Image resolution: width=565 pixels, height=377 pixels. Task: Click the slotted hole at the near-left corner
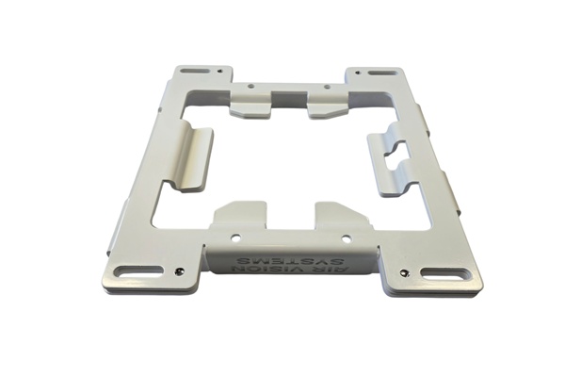pyautogui.click(x=139, y=270)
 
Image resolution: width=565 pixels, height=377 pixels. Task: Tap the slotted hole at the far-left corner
pyautogui.click(x=195, y=71)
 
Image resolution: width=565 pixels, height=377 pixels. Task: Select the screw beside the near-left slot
pyautogui.click(x=178, y=270)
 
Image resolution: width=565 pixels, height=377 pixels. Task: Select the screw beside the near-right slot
pyautogui.click(x=406, y=273)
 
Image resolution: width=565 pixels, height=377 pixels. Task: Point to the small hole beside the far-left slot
pyautogui.click(x=219, y=72)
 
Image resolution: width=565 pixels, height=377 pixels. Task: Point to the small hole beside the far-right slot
pyautogui.click(x=358, y=73)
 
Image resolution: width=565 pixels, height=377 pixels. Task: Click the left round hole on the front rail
pyautogui.click(x=236, y=238)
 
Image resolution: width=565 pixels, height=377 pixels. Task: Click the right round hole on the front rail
pyautogui.click(x=347, y=238)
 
